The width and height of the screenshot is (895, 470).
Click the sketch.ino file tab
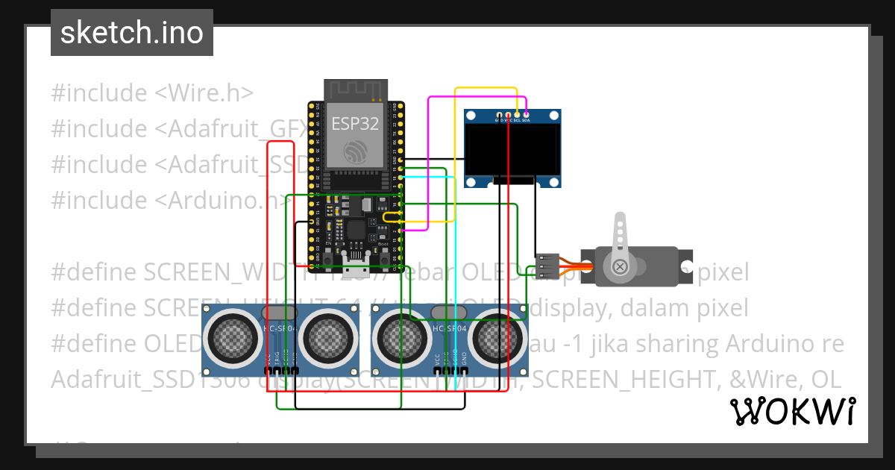click(x=131, y=33)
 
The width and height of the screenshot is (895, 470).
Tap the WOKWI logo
click(x=792, y=412)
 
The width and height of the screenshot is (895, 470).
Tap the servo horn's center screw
click(x=619, y=266)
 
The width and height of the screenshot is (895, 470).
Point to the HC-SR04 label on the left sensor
click(x=280, y=328)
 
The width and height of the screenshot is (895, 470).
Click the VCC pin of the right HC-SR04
click(x=438, y=369)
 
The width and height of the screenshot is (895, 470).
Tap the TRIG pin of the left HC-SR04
click(x=277, y=370)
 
